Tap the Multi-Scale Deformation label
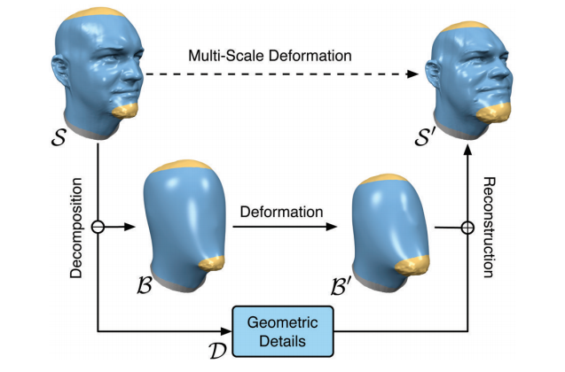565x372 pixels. pos(270,56)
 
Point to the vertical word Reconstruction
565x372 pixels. pos(487,227)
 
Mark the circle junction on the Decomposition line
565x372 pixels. pos(98,228)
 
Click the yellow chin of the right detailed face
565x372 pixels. pos(496,112)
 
